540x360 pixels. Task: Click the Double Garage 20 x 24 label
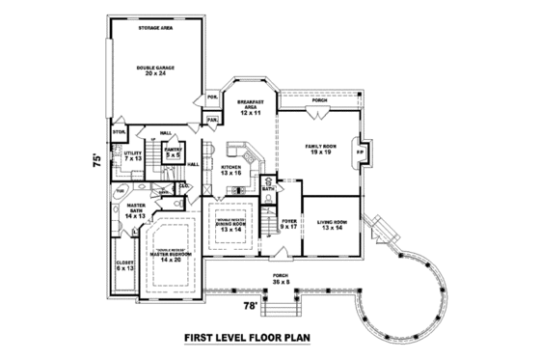click(x=150, y=70)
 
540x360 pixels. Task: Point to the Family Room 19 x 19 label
click(x=319, y=149)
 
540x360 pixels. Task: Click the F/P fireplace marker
click(x=361, y=152)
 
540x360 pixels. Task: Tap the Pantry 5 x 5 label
click(x=174, y=152)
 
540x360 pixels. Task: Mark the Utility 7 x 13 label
click(x=132, y=155)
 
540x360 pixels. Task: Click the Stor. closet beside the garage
click(x=121, y=131)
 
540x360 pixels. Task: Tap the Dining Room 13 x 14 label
click(x=231, y=226)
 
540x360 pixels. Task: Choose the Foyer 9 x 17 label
click(x=288, y=225)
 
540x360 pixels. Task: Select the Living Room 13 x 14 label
click(x=333, y=225)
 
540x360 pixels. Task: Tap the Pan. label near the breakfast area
click(x=211, y=120)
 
